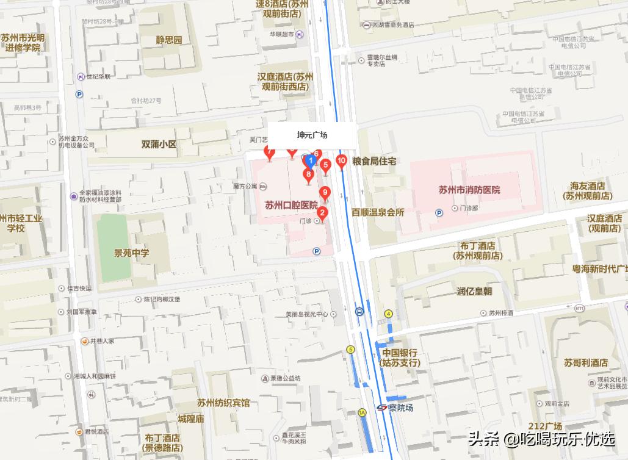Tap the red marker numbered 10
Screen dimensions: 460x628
click(x=341, y=162)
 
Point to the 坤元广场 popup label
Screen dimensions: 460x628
click(x=312, y=135)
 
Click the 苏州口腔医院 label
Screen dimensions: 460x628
click(x=291, y=206)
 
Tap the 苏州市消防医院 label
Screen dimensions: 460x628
click(x=469, y=190)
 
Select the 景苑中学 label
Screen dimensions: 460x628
click(x=132, y=253)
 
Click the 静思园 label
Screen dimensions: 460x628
click(x=169, y=40)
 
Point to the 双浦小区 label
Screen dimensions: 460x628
click(x=159, y=145)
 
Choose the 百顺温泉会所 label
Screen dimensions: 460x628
click(x=378, y=212)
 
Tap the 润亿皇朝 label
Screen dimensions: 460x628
click(x=474, y=291)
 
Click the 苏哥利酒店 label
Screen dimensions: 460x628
click(x=586, y=362)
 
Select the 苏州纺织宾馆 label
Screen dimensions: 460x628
click(x=223, y=403)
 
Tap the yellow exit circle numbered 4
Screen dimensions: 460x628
click(x=388, y=314)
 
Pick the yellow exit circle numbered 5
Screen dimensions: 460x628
click(x=350, y=350)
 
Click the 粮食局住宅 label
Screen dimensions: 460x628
click(x=375, y=161)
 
